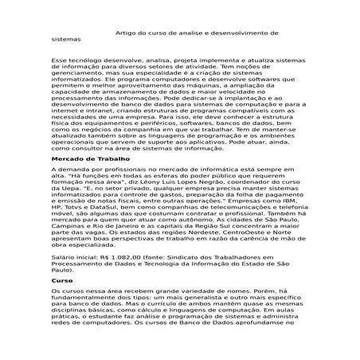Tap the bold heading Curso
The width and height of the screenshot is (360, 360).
pyautogui.click(x=61, y=280)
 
